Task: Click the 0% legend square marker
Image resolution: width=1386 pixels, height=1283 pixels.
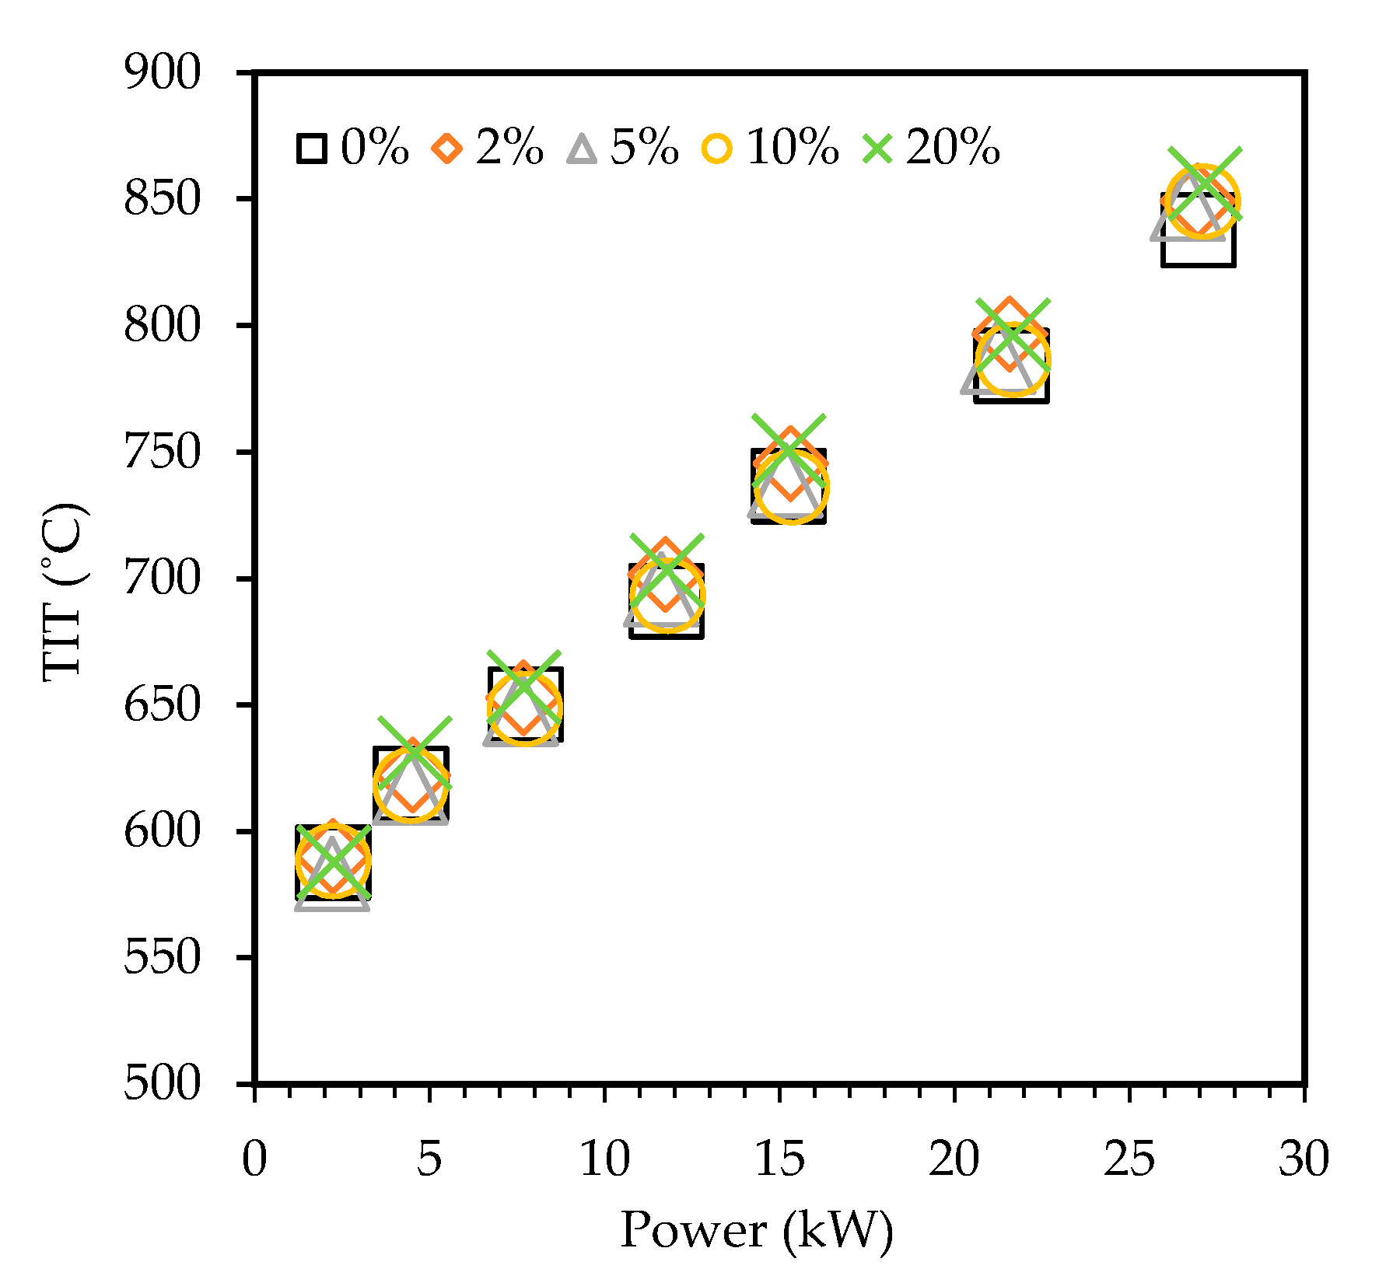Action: point(311,148)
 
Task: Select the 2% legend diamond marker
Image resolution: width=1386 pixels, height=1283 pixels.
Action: point(447,148)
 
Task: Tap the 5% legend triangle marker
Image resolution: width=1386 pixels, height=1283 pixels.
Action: point(582,148)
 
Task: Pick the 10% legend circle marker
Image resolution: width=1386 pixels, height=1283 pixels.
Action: point(717,148)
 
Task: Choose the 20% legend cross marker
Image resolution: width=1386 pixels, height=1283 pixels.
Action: point(878,148)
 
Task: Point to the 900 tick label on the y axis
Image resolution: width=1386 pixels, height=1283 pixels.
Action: point(162,73)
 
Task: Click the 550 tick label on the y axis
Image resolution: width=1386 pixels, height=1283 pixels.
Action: point(162,958)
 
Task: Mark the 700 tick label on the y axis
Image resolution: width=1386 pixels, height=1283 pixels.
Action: point(162,579)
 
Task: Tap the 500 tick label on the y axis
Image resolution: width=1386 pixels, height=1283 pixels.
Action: point(162,1084)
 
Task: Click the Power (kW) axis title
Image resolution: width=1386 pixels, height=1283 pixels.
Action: point(756,1231)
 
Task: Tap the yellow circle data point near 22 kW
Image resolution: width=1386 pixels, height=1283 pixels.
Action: point(1013,359)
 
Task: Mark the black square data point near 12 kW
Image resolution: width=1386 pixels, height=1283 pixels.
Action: point(667,601)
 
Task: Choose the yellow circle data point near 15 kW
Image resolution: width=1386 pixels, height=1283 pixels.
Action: point(792,488)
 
